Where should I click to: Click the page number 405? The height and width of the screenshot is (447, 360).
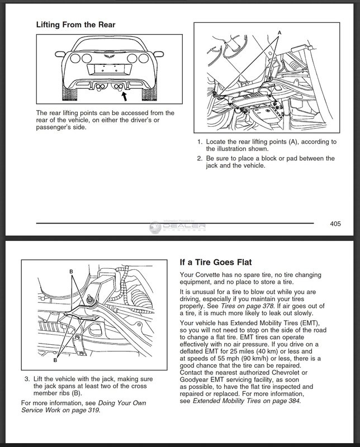click(x=335, y=224)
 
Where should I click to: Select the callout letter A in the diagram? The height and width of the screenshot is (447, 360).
click(x=280, y=33)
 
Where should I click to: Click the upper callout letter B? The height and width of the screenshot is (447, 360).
click(x=71, y=272)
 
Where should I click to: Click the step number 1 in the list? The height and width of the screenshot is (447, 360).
click(x=199, y=142)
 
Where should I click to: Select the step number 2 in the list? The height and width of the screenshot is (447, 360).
click(x=199, y=158)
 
